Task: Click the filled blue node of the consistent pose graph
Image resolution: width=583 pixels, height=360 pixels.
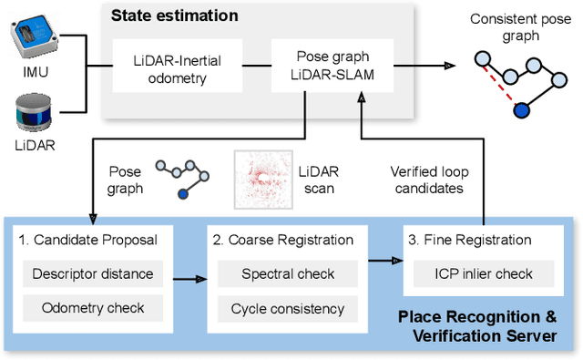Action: pos(521,110)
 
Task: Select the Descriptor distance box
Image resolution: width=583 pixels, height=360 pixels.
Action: pos(92,273)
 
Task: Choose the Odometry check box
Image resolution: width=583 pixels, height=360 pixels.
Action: pos(92,308)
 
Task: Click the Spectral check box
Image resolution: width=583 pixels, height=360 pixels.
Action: pos(287,273)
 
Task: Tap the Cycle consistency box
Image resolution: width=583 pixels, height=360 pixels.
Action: pos(287,308)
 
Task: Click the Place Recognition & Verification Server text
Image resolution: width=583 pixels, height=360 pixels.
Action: pos(477,325)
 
